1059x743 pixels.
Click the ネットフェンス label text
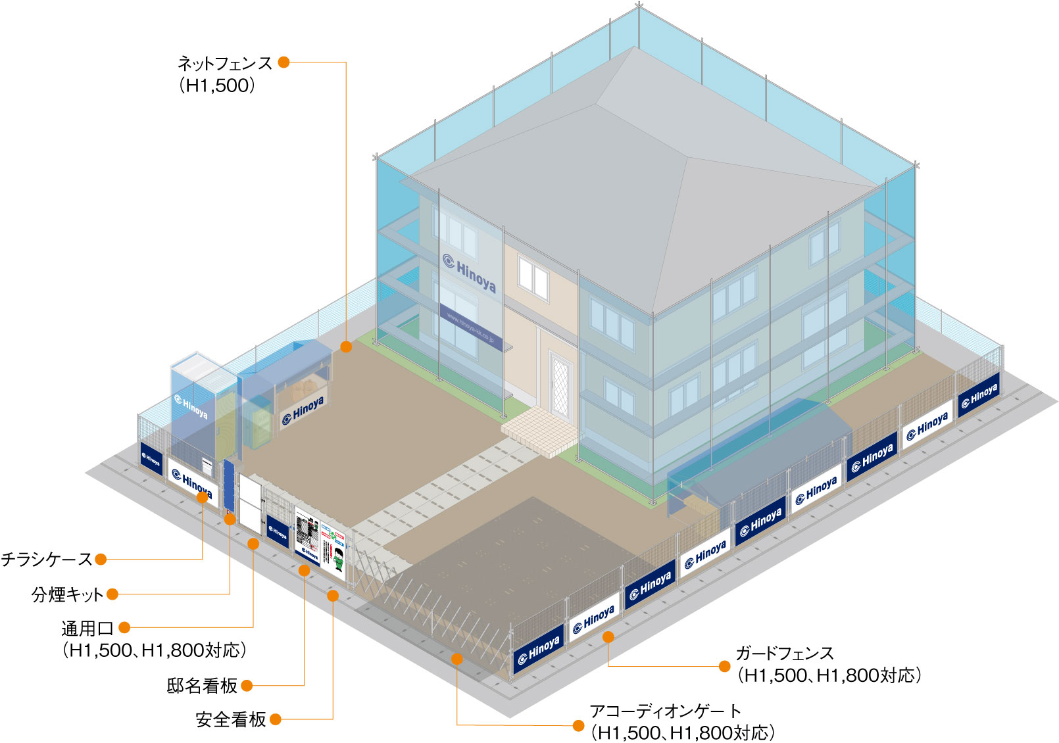[x=224, y=64]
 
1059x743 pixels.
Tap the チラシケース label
[x=47, y=560]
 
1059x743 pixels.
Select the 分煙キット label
[x=67, y=594]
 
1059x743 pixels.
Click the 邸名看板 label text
[x=201, y=686]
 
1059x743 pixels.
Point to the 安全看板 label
[x=230, y=720]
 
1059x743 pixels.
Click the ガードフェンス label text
[x=784, y=654]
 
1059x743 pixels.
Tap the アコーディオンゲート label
[x=665, y=711]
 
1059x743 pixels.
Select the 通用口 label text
[x=87, y=629]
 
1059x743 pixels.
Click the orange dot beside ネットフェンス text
[x=283, y=62]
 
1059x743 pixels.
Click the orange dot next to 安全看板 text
[x=276, y=720]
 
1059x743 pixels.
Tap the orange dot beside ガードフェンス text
[x=725, y=667]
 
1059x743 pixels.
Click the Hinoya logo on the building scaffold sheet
[x=470, y=272]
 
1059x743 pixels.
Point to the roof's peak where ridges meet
[x=687, y=157]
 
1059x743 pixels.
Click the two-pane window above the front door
[x=533, y=278]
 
